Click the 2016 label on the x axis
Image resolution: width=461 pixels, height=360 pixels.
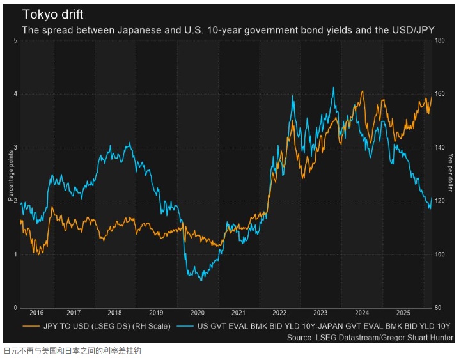pos(36,313)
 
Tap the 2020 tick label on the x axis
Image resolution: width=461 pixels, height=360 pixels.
pos(197,313)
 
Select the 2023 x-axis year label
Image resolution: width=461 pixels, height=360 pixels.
pos(320,313)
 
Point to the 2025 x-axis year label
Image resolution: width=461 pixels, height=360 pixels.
pos(402,313)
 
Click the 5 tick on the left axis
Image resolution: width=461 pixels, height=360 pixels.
pos(15,41)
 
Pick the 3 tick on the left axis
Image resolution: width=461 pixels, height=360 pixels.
pos(15,148)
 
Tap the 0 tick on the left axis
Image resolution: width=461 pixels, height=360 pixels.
pos(15,308)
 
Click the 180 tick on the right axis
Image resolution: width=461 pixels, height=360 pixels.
pos(440,41)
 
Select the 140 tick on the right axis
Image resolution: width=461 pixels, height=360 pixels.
pos(440,148)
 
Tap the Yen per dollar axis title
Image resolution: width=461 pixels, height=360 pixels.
pos(450,174)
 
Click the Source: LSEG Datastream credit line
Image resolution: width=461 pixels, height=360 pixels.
pos(369,337)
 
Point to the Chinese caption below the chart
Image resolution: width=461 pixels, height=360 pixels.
pos(72,350)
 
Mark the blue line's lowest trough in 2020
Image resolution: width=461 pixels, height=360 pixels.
pos(201,280)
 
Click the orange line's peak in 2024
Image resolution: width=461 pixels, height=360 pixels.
pos(363,91)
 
